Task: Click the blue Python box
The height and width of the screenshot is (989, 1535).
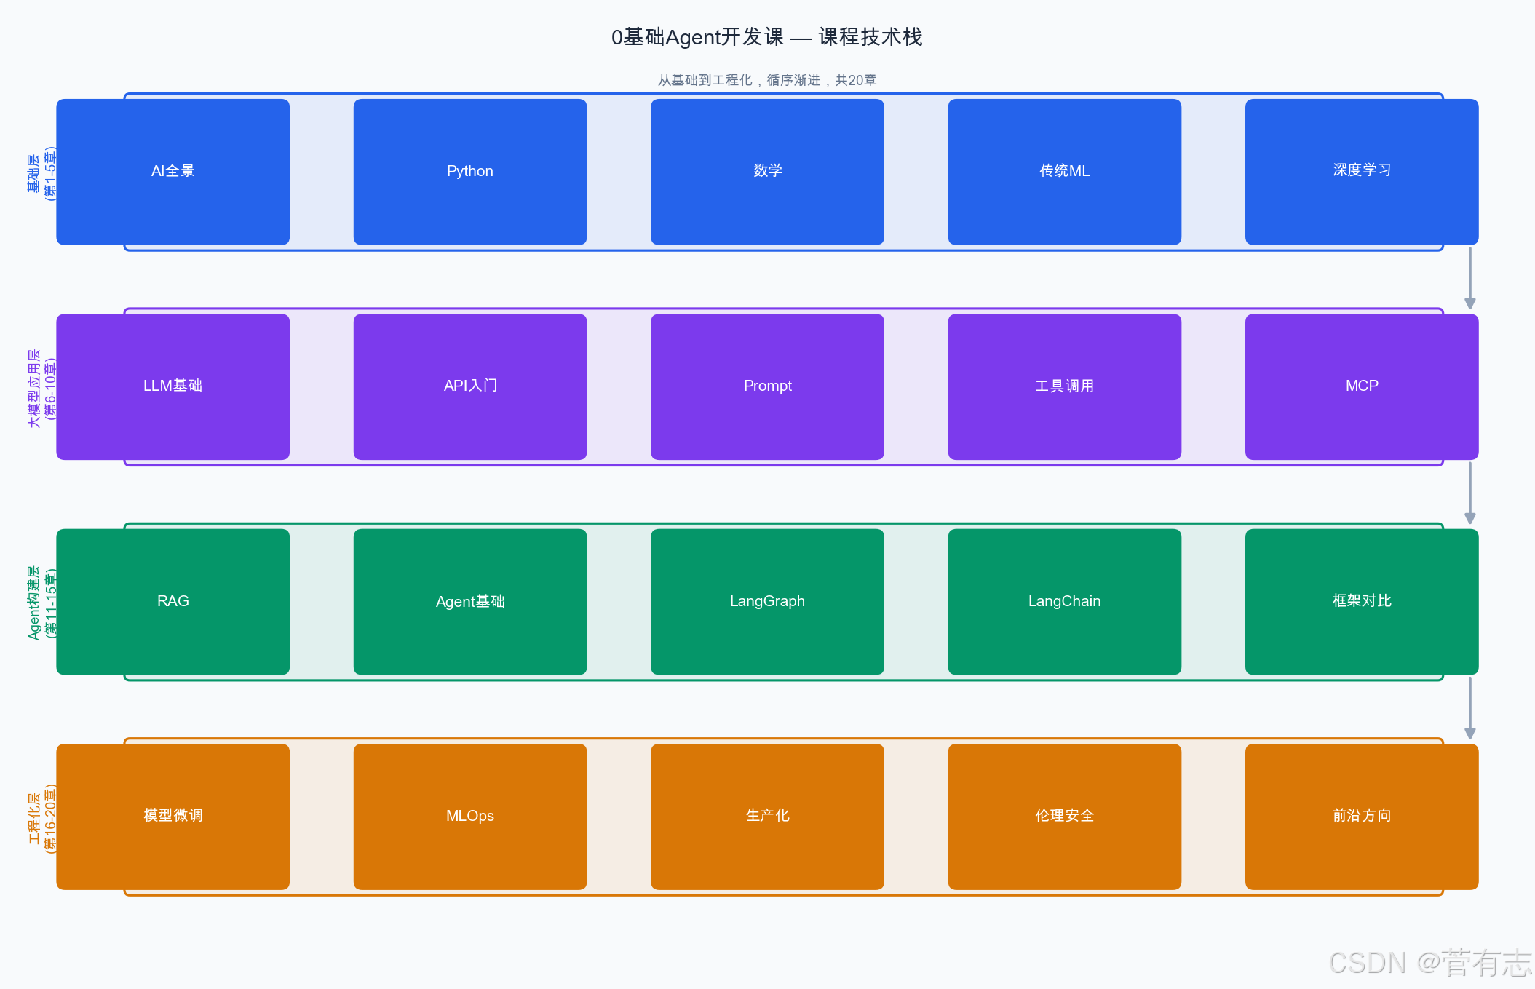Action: point(469,172)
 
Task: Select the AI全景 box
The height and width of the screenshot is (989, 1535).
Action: point(172,172)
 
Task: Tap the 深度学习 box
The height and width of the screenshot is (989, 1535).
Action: point(1361,172)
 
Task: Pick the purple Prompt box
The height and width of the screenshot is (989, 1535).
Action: point(767,386)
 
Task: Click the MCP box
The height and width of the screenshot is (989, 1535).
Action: point(1361,386)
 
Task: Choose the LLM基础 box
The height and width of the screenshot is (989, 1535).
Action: point(172,386)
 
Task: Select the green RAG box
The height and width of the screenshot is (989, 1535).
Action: point(172,601)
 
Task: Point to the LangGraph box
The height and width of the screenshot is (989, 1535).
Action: point(767,601)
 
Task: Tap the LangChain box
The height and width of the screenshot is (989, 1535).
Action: point(1064,601)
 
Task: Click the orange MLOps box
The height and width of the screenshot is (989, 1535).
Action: point(469,816)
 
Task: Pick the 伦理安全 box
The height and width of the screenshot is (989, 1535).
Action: point(1064,816)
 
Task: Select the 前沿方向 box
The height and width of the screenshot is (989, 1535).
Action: point(1361,816)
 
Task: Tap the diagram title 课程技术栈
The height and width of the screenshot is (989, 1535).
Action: point(766,37)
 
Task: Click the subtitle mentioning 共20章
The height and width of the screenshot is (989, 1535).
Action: point(766,80)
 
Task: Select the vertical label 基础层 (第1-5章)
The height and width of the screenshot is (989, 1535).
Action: point(41,173)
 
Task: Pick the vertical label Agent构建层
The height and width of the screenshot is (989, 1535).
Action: point(41,603)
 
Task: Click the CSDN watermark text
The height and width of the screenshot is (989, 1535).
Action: point(1429,963)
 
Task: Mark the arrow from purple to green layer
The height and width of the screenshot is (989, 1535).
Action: point(1469,493)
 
